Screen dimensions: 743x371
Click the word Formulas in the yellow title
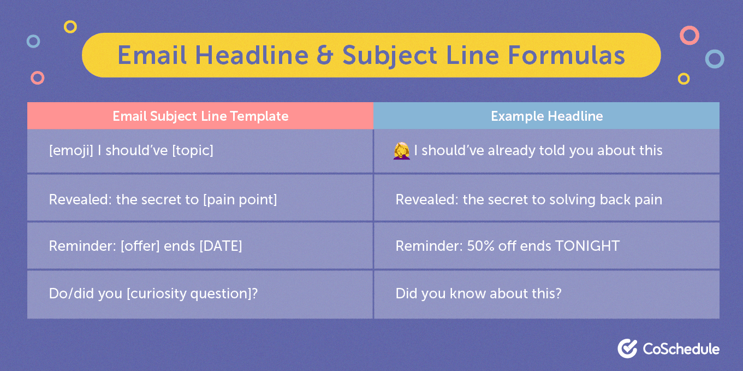pyautogui.click(x=567, y=55)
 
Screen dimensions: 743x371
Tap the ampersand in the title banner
pyautogui.click(x=325, y=55)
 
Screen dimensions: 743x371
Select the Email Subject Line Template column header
pyautogui.click(x=200, y=116)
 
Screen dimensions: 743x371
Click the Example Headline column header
pyautogui.click(x=546, y=116)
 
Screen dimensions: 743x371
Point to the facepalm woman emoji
pyautogui.click(x=402, y=151)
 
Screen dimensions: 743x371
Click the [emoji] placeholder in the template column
pyautogui.click(x=71, y=151)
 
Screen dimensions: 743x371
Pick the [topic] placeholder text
pyautogui.click(x=192, y=151)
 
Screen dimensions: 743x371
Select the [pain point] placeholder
pyautogui.click(x=240, y=200)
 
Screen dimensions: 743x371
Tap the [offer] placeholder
pyautogui.click(x=140, y=246)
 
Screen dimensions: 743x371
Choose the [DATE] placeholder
pyautogui.click(x=221, y=246)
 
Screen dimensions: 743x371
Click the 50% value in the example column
pyautogui.click(x=480, y=246)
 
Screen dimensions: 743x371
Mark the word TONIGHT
pyautogui.click(x=587, y=246)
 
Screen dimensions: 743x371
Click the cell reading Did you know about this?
pyautogui.click(x=546, y=295)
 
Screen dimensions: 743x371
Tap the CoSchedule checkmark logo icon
pyautogui.click(x=627, y=349)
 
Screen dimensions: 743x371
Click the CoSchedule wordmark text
pyautogui.click(x=681, y=349)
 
